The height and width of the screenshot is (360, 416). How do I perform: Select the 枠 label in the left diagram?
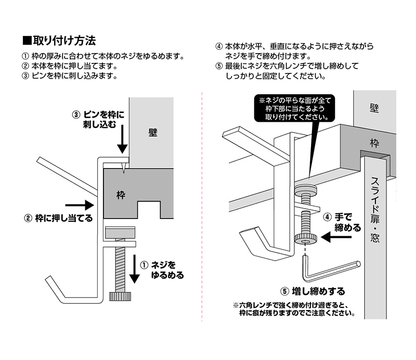click(121, 195)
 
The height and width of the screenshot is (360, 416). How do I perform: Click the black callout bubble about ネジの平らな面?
click(291, 108)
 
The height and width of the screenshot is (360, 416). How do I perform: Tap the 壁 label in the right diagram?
click(373, 108)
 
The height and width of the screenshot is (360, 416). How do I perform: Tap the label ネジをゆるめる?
click(165, 270)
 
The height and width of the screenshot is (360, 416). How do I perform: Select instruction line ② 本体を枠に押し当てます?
click(71, 66)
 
